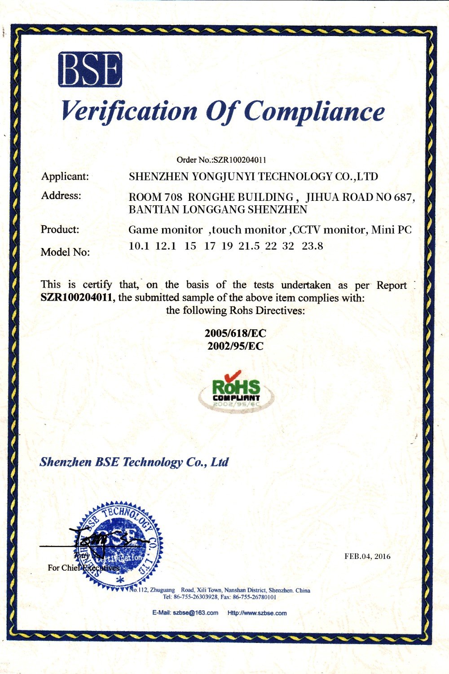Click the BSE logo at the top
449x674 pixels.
point(90,69)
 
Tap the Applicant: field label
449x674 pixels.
point(65,176)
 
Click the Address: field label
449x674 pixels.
point(61,195)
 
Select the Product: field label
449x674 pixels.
point(60,229)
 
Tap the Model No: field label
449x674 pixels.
point(65,252)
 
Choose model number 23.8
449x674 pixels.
point(313,246)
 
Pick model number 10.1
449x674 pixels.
point(139,246)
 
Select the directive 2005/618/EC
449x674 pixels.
point(235,333)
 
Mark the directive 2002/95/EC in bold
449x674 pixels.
point(235,346)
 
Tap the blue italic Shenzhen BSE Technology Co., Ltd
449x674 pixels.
point(134,462)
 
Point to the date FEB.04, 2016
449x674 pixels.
point(367,556)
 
